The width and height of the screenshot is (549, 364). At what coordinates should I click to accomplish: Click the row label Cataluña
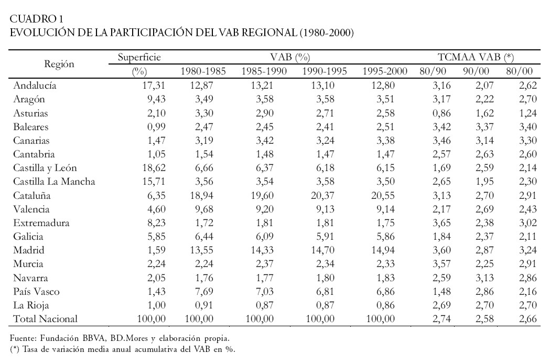(32, 199)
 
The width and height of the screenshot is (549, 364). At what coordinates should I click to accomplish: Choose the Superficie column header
(139, 57)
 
